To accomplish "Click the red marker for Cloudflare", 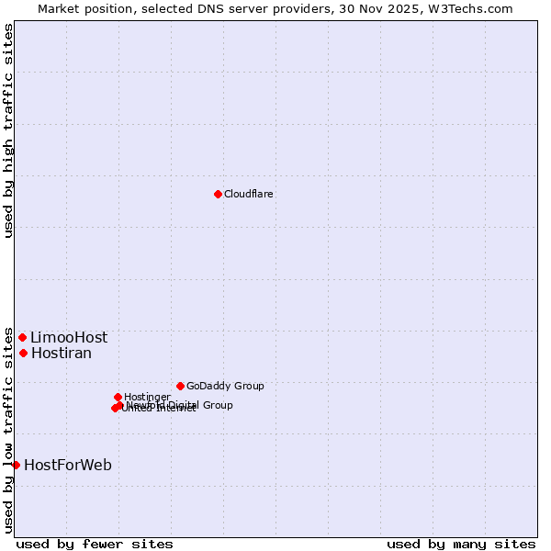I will click(218, 194).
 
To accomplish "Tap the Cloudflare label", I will click(249, 195).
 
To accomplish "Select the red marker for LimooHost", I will click(22, 337).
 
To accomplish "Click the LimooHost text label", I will click(69, 338).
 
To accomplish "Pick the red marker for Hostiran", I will click(23, 353).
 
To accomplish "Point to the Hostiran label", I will click(62, 354).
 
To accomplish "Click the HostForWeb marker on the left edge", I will click(16, 465).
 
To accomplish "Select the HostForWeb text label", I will click(68, 466).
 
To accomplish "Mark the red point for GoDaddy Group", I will click(180, 386).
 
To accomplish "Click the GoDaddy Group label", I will click(225, 387).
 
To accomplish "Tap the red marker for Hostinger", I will click(118, 397).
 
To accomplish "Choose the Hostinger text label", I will click(148, 398).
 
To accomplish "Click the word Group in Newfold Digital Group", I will click(218, 405).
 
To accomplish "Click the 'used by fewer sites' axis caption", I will click(95, 545).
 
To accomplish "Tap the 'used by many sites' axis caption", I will click(461, 545).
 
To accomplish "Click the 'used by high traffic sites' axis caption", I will click(9, 131).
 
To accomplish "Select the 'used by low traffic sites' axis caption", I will click(9, 430).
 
